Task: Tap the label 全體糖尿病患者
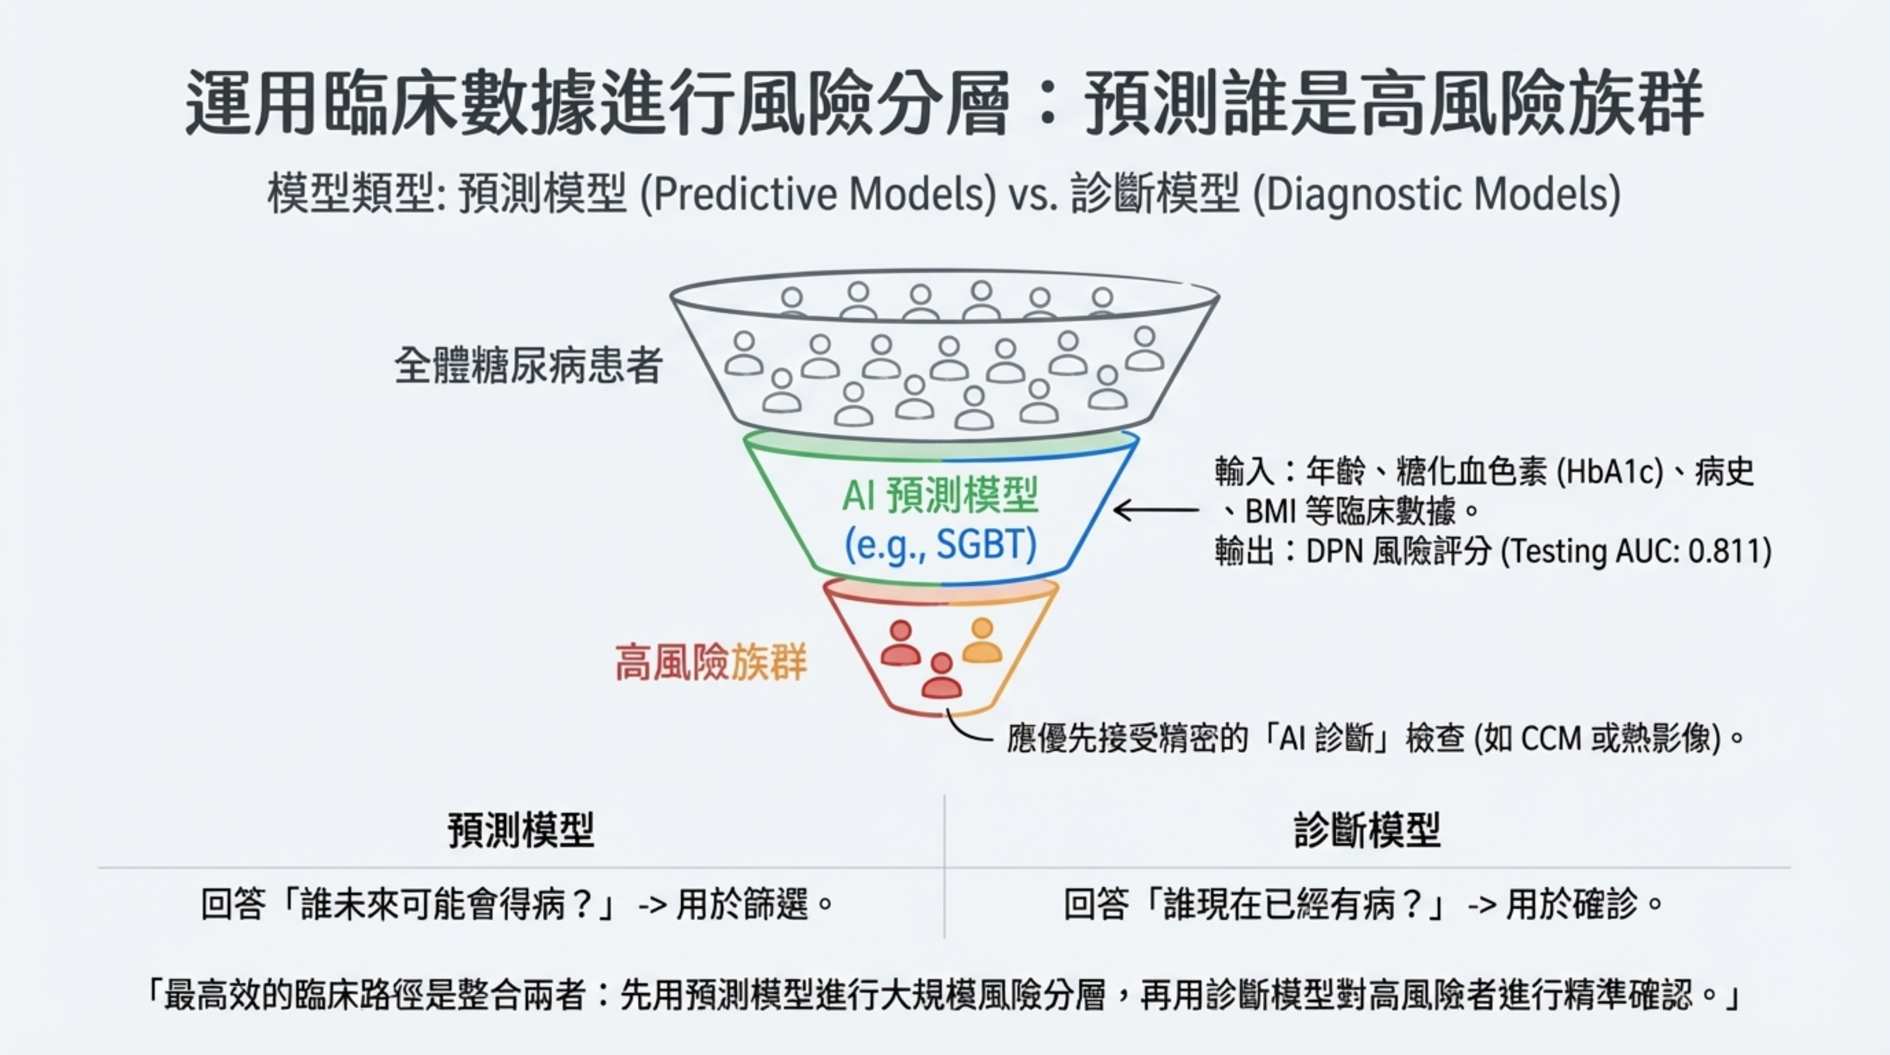tap(529, 365)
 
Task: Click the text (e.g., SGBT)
tap(941, 544)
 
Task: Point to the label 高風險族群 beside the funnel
tap(710, 662)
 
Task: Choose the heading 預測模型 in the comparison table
tap(521, 831)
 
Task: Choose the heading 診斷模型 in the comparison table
tap(1366, 831)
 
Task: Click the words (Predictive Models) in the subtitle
tap(819, 194)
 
